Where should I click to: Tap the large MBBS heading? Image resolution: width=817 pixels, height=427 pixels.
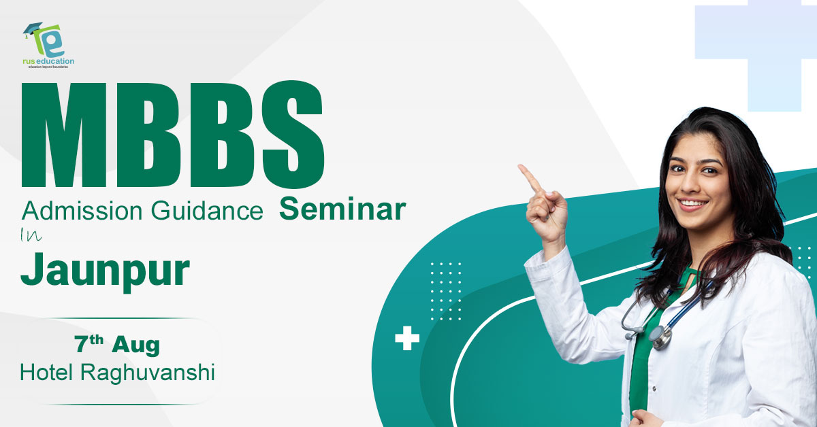172,135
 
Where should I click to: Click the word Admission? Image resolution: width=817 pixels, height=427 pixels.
82,211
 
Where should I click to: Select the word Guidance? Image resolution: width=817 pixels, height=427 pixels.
207,211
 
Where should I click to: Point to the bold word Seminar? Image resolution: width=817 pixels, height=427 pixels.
342,209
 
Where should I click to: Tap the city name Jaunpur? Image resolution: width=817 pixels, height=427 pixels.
105,271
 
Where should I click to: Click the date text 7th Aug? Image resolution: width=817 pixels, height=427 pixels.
117,344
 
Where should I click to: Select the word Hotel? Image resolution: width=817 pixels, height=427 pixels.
46,373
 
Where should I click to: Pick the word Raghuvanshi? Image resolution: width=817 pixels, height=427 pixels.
147,373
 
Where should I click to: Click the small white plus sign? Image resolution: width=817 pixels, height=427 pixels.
407,338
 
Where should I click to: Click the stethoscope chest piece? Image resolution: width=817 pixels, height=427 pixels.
660,338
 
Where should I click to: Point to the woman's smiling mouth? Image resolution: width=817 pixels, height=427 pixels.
692,204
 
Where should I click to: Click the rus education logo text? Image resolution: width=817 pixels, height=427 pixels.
48,61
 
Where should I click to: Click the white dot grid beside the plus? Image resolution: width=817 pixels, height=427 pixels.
446,291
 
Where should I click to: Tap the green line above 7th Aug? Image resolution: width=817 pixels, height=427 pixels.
121,318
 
